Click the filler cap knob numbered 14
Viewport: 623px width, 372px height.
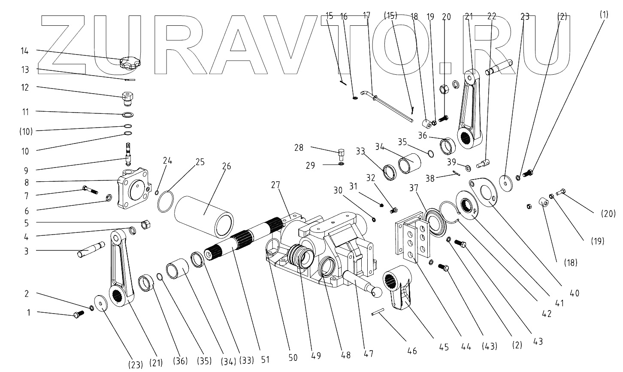pyautogui.click(x=129, y=64)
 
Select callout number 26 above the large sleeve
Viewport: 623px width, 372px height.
pyautogui.click(x=227, y=166)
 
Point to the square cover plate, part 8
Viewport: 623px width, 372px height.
pyautogui.click(x=133, y=189)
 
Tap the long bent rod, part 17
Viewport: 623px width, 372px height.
pyautogui.click(x=390, y=107)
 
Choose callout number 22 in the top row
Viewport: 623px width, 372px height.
pyautogui.click(x=491, y=17)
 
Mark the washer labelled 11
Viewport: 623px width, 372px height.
pyautogui.click(x=128, y=115)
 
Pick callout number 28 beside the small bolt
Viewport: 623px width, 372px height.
pyautogui.click(x=299, y=148)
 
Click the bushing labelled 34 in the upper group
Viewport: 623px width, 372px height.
pyautogui.click(x=410, y=164)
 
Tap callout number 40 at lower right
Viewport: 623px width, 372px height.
pyautogui.click(x=575, y=294)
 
